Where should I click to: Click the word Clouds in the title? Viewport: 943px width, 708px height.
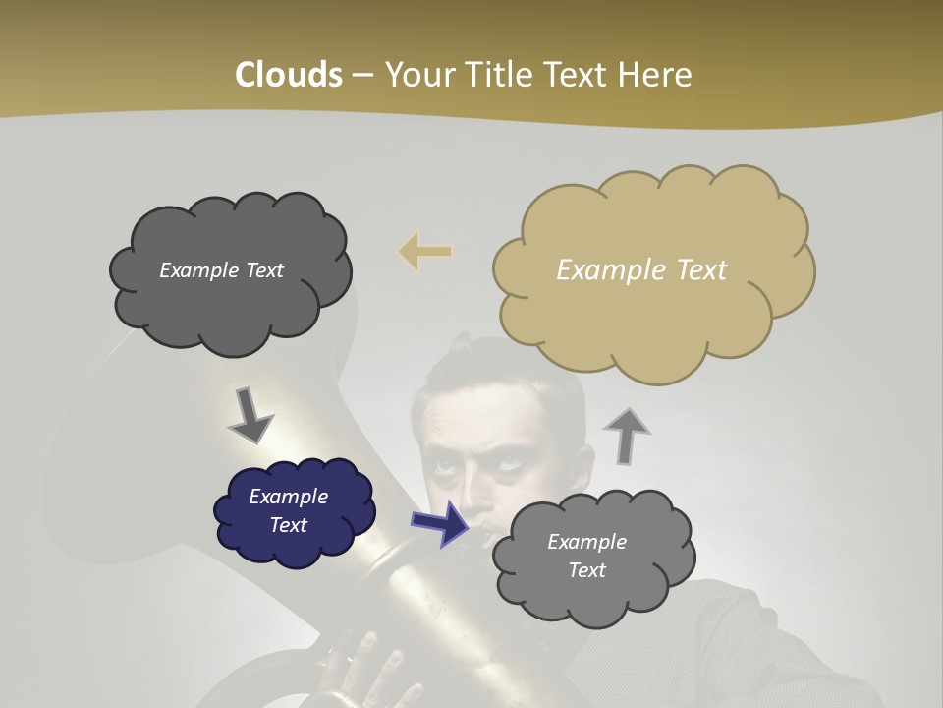[x=289, y=74]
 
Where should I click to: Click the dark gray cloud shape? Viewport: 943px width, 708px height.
[x=229, y=295]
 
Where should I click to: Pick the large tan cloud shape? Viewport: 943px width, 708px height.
[x=653, y=315]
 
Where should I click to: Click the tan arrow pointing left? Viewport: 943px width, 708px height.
[x=425, y=251]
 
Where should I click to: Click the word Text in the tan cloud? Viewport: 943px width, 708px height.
[x=696, y=269]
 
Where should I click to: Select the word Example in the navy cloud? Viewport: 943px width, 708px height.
[x=288, y=497]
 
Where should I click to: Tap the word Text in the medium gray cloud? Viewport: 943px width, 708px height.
[x=586, y=570]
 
